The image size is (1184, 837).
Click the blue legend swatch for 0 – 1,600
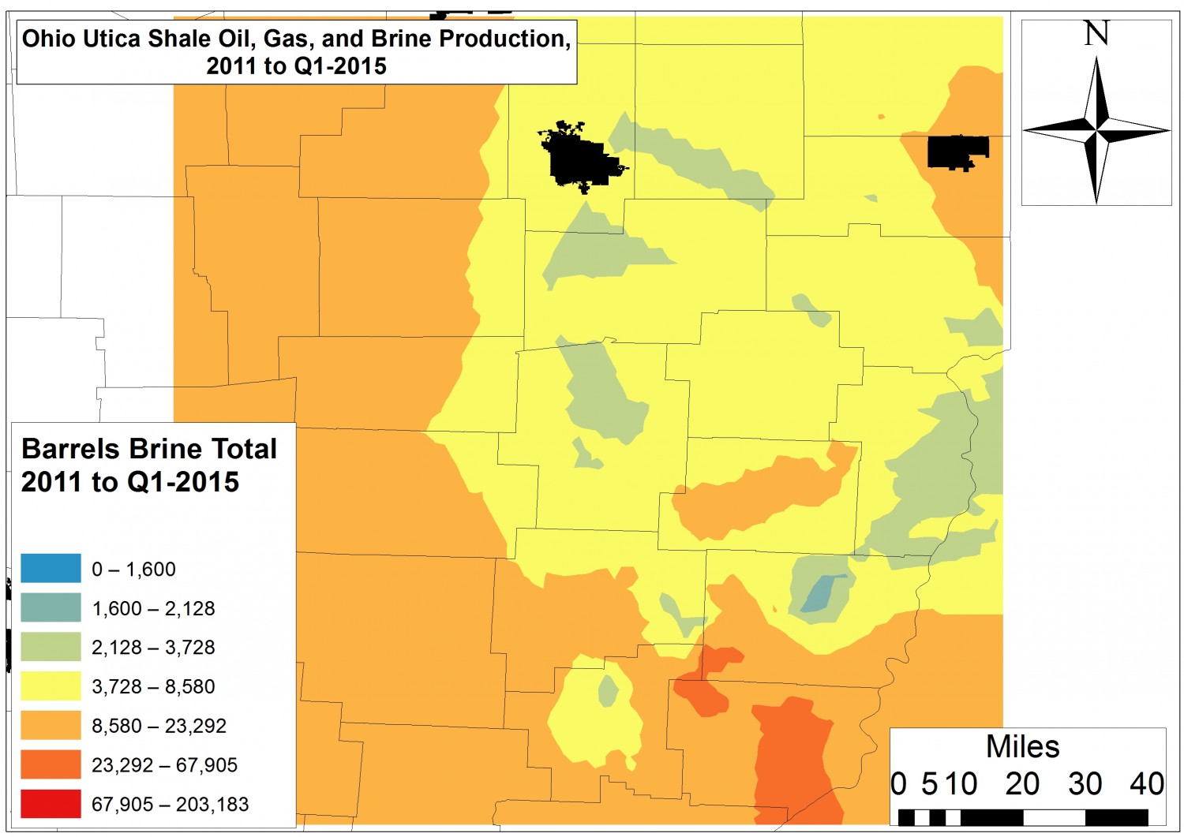coord(51,569)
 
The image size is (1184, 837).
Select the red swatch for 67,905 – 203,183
coord(51,804)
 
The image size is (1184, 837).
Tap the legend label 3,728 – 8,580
coord(153,686)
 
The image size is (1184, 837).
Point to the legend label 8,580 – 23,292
coord(159,726)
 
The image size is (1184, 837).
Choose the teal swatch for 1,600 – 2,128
coord(51,608)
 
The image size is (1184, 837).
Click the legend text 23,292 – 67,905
coord(164,764)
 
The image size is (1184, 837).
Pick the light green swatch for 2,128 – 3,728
coord(51,647)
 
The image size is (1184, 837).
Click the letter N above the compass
coord(1096,34)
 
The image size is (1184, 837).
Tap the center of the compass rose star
coord(1096,130)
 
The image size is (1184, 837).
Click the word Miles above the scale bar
coord(1022,746)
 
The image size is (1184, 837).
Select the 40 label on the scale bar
coord(1146,784)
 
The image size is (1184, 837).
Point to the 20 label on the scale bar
coord(1022,784)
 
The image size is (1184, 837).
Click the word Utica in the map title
coord(115,39)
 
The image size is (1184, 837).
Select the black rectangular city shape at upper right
coord(956,151)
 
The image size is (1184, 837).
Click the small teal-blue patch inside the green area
coord(823,594)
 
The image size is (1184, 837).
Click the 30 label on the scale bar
coord(1085,784)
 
